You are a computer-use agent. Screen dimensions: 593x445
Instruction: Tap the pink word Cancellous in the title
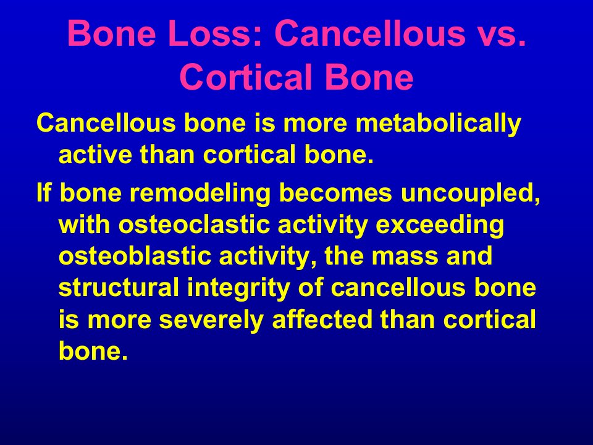point(372,33)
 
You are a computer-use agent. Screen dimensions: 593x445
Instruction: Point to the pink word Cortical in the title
point(246,77)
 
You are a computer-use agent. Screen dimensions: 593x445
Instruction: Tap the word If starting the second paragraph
point(43,192)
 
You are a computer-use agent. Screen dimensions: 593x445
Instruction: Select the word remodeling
point(200,193)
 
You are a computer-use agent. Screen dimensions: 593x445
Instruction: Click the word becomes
point(335,192)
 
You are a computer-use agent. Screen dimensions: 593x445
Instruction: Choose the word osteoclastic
point(194,224)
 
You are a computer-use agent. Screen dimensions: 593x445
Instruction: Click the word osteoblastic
point(135,256)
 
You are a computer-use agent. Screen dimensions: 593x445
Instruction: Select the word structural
point(119,287)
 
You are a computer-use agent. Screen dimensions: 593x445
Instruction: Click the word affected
point(322,320)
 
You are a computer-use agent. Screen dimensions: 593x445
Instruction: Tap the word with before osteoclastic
point(85,224)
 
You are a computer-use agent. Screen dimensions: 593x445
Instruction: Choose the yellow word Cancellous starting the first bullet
point(106,122)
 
